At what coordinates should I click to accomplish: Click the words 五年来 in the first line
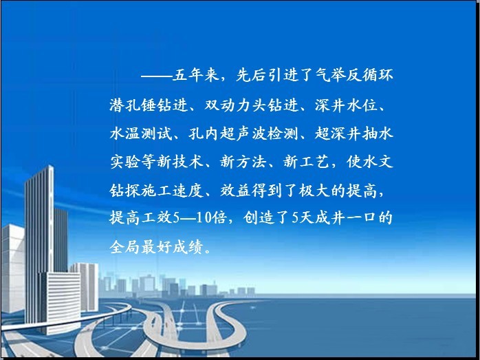(x=196, y=75)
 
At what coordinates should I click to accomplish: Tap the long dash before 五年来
(x=156, y=76)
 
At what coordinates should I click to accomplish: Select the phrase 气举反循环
(x=354, y=75)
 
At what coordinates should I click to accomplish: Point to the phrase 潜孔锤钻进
(x=149, y=105)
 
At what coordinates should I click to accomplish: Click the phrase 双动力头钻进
(x=251, y=105)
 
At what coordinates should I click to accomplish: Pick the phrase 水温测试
(x=141, y=134)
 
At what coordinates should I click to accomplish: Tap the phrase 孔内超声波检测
(x=243, y=134)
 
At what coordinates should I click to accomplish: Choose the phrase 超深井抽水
(x=354, y=134)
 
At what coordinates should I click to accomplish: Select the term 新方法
(x=243, y=162)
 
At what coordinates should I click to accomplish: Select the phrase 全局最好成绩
(x=156, y=247)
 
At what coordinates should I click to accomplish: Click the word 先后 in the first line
(x=251, y=75)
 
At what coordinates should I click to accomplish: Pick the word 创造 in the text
(x=259, y=218)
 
